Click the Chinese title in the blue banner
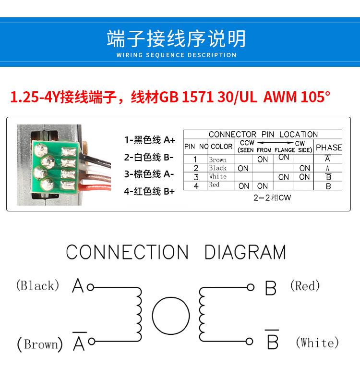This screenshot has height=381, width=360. pyautogui.click(x=176, y=38)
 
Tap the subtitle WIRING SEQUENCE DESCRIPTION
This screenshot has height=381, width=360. pyautogui.click(x=177, y=55)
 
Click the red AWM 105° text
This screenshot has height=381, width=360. pyautogui.click(x=297, y=97)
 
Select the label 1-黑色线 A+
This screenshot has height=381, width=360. pyautogui.click(x=150, y=140)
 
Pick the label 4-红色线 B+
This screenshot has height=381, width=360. pyautogui.click(x=149, y=192)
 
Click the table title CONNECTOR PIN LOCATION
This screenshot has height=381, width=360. pyautogui.click(x=263, y=135)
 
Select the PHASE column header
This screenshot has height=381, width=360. pyautogui.click(x=329, y=147)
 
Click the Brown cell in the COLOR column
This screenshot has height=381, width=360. pyautogui.click(x=217, y=160)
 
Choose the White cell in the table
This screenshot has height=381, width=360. pyautogui.click(x=217, y=176)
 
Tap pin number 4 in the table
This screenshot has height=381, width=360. pyautogui.click(x=196, y=186)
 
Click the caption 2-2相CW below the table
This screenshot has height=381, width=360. pyautogui.click(x=272, y=198)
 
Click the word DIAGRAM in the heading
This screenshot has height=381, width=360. pyautogui.click(x=245, y=252)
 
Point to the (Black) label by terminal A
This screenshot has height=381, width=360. pyautogui.click(x=37, y=285)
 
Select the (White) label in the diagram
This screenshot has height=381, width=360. pyautogui.click(x=317, y=343)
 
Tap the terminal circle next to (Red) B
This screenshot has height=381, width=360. pyautogui.click(x=250, y=287)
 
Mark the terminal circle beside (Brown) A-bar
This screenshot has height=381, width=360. pyautogui.click(x=92, y=342)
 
